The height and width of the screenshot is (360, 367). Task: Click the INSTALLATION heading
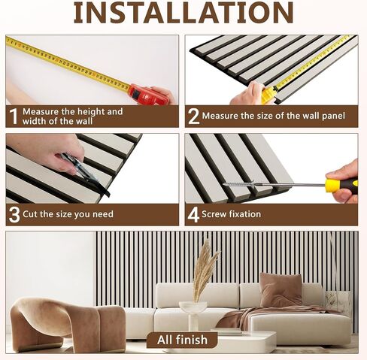183,12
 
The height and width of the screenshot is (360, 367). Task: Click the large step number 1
14,116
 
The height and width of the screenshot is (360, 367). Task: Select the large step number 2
193,116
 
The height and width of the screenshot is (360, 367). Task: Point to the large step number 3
14,214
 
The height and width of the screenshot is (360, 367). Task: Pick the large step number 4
193,215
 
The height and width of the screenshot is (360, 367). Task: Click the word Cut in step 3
30,214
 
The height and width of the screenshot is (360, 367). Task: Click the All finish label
182,340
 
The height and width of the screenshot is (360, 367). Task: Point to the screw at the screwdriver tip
240,184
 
